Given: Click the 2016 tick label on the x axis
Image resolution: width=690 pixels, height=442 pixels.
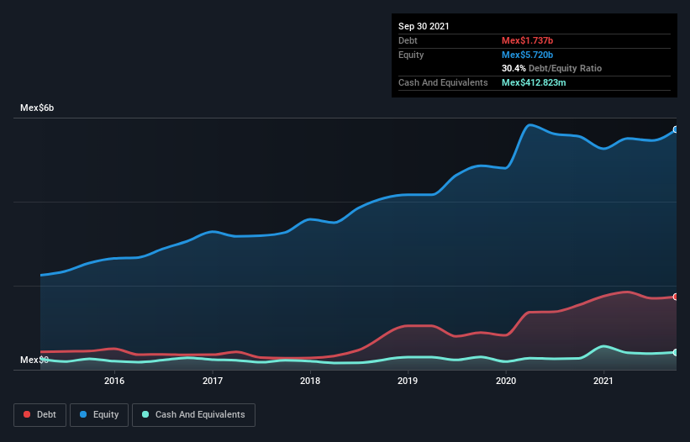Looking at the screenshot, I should coord(114,381).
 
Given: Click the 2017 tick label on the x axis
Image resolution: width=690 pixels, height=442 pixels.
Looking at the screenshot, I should coord(213,381).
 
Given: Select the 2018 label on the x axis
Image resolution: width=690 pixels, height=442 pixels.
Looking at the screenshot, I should coord(310,381).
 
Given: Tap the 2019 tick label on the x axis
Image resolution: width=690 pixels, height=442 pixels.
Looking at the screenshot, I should coord(408,381).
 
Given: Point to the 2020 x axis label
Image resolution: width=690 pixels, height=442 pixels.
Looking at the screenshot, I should coord(506,381).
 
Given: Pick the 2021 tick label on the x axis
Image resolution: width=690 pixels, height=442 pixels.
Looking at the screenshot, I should coord(603,381).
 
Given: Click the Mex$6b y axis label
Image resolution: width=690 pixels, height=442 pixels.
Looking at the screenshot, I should coord(37,108).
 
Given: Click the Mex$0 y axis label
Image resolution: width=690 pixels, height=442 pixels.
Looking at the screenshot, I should coord(34,360).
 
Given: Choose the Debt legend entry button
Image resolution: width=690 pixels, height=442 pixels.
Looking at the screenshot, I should coord(39,414).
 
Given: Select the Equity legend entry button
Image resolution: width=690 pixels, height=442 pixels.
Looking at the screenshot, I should coord(100,414).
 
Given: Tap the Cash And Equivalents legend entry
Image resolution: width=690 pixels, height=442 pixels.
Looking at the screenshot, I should coord(193,414).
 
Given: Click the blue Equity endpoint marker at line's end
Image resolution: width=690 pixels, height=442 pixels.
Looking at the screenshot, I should coord(676,129).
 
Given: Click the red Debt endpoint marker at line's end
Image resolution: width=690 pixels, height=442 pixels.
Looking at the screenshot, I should coord(676,297).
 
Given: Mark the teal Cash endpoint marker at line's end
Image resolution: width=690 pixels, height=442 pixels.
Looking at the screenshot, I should coord(676,352).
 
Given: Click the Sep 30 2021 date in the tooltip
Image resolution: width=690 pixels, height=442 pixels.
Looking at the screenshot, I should coord(424,26).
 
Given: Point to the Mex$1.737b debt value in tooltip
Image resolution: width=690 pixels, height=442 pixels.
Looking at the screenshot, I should coord(528,40).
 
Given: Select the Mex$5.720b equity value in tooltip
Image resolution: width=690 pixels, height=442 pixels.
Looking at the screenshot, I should coord(528,55).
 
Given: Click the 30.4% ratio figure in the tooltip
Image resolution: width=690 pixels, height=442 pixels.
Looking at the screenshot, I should coord(514,68).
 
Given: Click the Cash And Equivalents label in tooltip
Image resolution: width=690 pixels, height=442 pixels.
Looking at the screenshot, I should coord(443,82).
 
